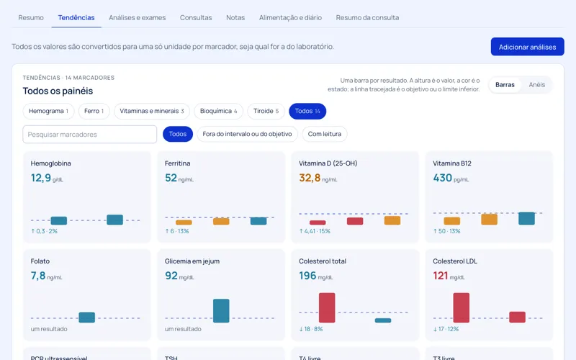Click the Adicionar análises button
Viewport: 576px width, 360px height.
(x=527, y=47)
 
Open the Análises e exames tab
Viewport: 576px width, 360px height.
(x=137, y=17)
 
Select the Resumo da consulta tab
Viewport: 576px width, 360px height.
(x=367, y=17)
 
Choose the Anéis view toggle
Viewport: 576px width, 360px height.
(x=536, y=84)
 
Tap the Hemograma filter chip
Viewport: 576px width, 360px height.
(x=48, y=111)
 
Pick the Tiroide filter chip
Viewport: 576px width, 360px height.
(x=266, y=111)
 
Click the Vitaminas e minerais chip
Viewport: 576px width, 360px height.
(x=152, y=111)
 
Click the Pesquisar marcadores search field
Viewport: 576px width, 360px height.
(x=89, y=134)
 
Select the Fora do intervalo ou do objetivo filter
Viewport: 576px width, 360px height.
(x=247, y=134)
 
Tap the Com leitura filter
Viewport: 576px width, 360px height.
(x=325, y=134)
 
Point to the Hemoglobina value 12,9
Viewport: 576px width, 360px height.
(x=41, y=178)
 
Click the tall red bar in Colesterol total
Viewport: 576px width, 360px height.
(x=327, y=308)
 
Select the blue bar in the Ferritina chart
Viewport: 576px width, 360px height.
(x=258, y=221)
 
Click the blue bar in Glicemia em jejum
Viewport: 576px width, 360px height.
(x=221, y=311)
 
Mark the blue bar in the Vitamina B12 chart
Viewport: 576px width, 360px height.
(x=526, y=218)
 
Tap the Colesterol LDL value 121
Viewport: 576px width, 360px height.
(x=441, y=276)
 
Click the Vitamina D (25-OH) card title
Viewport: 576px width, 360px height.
(x=328, y=163)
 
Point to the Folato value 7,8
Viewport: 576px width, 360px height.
(x=38, y=276)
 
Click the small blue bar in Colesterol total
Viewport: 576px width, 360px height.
(x=383, y=320)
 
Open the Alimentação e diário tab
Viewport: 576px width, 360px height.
(x=290, y=17)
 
